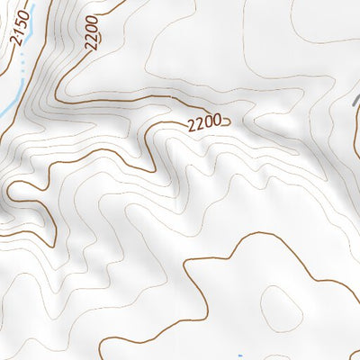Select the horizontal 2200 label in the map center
coord(204,126)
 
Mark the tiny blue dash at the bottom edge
coord(240,356)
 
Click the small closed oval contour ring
coord(280,306)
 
